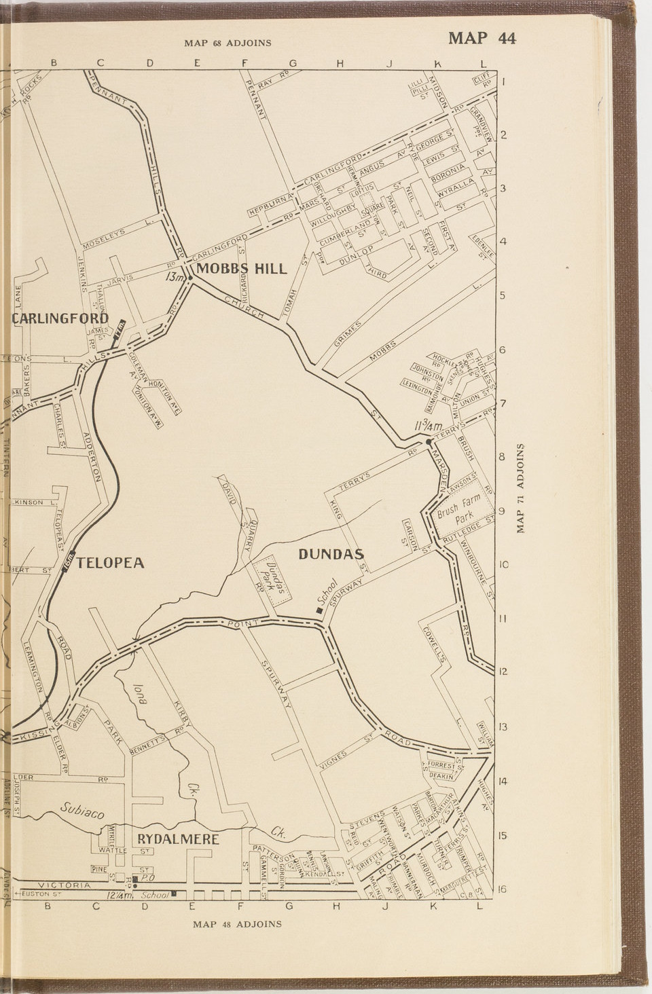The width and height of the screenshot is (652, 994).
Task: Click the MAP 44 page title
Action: (x=482, y=38)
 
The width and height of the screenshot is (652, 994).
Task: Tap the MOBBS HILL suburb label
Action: (x=242, y=269)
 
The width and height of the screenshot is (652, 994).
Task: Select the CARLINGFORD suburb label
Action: (x=60, y=318)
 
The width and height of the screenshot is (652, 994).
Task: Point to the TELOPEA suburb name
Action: (x=110, y=563)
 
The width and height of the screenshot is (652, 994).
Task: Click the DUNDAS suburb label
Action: (x=331, y=554)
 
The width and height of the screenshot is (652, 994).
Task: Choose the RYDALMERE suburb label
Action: (x=178, y=839)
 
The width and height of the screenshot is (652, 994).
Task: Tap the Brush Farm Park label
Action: (x=458, y=507)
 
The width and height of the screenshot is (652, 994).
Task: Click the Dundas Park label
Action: (x=272, y=577)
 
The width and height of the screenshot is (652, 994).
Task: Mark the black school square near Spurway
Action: (x=319, y=610)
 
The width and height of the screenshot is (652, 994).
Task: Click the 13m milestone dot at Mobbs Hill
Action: (x=191, y=277)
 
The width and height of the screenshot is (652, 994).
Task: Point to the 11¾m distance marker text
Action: (x=428, y=426)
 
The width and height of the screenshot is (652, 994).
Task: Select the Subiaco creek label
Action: (x=81, y=809)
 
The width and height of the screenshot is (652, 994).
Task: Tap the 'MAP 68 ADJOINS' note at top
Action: (x=228, y=43)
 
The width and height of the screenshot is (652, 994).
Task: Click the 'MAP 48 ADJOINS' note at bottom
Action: (x=237, y=924)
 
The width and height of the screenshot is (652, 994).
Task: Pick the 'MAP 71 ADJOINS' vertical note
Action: (x=521, y=488)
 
